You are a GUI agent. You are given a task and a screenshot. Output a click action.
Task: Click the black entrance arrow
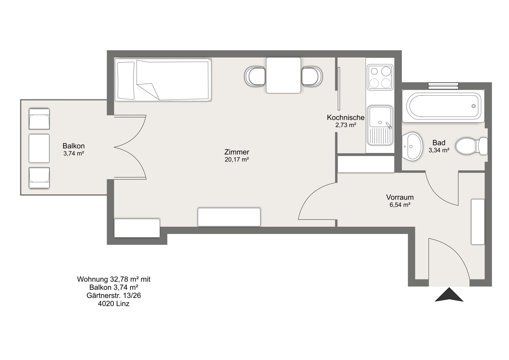[x=449, y=295]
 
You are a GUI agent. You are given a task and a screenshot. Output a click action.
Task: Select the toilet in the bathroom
[x=472, y=146]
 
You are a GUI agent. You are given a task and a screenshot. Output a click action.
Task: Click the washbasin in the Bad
[x=412, y=146]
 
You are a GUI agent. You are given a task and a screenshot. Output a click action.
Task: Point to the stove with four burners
[x=380, y=77]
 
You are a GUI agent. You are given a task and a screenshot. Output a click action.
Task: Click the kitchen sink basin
[x=380, y=117]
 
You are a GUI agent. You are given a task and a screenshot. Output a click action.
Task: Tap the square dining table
[x=284, y=75]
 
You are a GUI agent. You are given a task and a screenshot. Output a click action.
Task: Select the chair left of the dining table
[x=255, y=76]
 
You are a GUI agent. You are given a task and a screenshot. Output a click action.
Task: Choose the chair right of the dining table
[x=312, y=76]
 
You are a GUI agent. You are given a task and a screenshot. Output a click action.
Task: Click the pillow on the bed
[x=126, y=81]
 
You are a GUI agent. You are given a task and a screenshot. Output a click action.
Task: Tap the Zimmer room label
[x=237, y=152]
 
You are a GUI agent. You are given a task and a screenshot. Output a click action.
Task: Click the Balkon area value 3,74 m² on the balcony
[x=74, y=154]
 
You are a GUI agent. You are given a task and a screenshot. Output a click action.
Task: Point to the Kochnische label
[x=346, y=117]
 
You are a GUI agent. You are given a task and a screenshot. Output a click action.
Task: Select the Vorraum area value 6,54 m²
[x=400, y=205]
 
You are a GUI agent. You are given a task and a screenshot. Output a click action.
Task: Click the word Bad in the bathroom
[x=439, y=143]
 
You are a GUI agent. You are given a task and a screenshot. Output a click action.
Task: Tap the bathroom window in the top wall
[x=443, y=86]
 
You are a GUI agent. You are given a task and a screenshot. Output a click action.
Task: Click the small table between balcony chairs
[x=39, y=148]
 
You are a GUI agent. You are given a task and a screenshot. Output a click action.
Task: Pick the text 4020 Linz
[x=114, y=304]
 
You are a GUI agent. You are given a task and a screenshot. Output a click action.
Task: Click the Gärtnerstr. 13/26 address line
[x=114, y=295]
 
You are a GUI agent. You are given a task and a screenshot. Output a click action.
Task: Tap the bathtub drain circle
[x=474, y=106]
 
